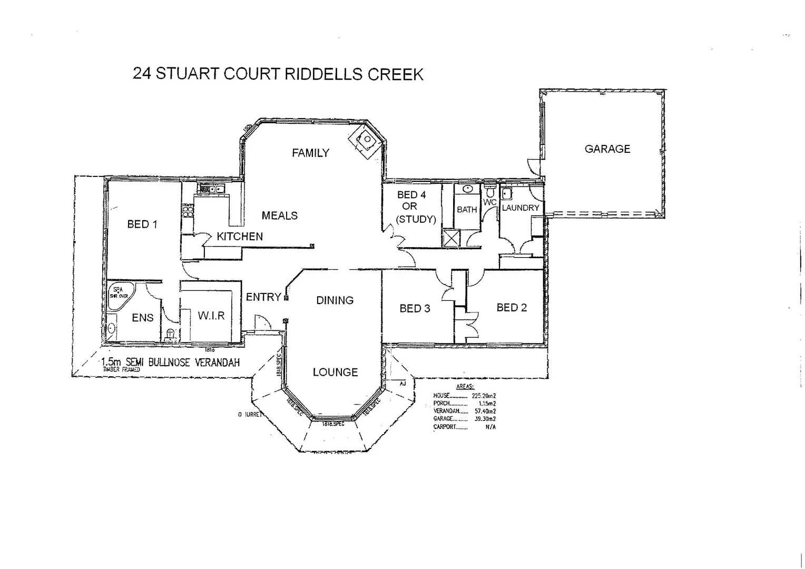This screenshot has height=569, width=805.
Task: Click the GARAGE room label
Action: click(607, 149)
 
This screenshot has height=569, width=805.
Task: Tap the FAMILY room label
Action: click(310, 153)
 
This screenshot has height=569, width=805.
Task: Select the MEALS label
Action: click(279, 215)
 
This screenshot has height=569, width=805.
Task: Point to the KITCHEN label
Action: click(240, 237)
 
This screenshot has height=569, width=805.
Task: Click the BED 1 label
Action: click(142, 224)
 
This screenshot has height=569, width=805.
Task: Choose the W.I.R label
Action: click(211, 316)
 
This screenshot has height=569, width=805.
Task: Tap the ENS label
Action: click(143, 318)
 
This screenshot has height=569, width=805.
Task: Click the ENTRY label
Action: click(263, 297)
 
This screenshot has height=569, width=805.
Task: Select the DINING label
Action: click(335, 300)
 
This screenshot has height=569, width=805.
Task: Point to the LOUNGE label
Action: click(335, 372)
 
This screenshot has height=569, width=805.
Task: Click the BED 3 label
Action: click(415, 308)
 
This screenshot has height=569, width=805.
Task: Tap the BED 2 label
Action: click(512, 308)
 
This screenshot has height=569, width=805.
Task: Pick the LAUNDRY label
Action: click(521, 208)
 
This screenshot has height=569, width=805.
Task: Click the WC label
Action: click(490, 202)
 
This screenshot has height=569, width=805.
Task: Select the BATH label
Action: click(467, 210)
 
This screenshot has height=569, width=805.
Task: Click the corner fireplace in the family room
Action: click(365, 141)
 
